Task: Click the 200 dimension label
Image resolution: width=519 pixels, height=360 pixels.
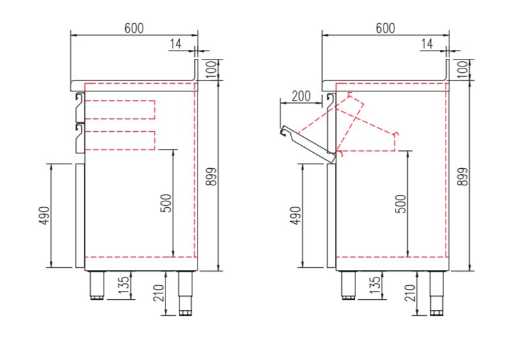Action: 300,97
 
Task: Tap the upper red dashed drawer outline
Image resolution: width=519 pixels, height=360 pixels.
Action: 120,109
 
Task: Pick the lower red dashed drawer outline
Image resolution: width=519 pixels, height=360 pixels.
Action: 120,140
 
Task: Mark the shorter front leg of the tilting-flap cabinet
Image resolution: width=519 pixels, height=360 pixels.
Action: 348,285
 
